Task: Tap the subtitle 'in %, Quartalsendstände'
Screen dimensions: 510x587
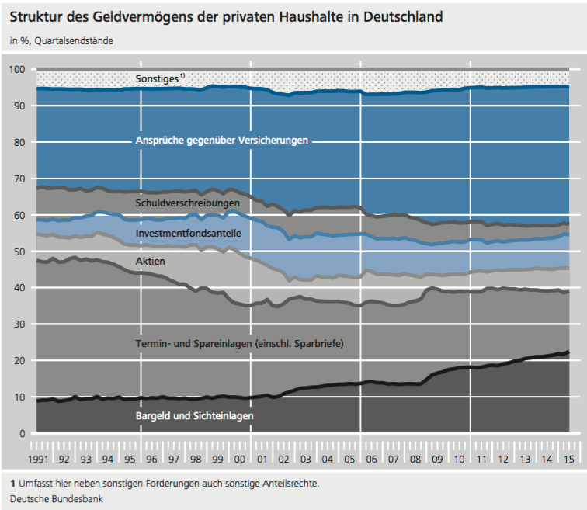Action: tap(61, 40)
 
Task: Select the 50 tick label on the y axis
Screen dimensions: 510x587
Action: tap(20, 252)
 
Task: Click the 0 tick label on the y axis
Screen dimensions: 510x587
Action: tap(23, 433)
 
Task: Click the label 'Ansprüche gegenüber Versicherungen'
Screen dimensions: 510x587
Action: tap(222, 141)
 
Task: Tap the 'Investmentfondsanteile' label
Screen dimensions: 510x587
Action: tap(188, 233)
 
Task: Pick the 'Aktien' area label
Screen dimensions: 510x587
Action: tap(150, 262)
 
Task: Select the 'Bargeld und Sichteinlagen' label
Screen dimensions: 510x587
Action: tap(195, 416)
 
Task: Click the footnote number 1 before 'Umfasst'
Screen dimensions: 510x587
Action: tap(13, 483)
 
